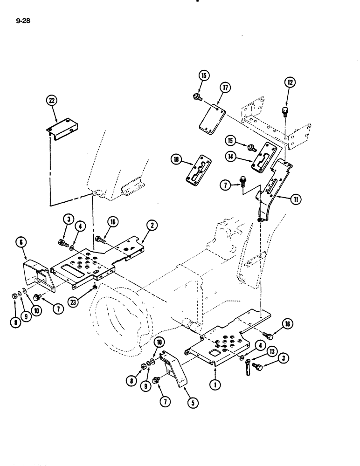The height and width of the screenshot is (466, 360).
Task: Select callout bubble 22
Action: (51, 100)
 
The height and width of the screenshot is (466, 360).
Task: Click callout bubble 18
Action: (177, 160)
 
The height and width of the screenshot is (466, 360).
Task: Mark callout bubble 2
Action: (152, 226)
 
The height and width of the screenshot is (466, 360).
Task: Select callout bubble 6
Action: (23, 242)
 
